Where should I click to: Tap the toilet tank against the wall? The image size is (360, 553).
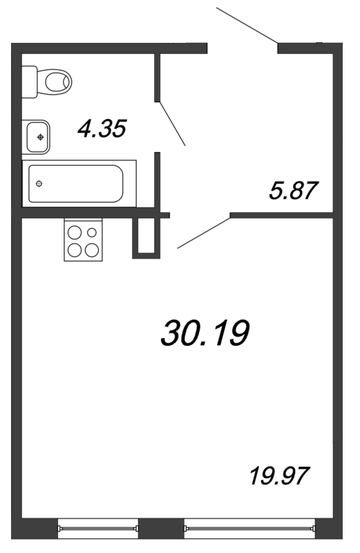[x=30, y=82]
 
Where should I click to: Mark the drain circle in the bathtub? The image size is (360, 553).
[x=39, y=183]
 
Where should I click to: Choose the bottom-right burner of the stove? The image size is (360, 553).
[x=91, y=250]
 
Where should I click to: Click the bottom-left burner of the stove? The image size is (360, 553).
[x=75, y=250]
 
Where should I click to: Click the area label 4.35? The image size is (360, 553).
[x=102, y=129]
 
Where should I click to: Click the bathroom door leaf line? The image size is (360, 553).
[x=172, y=124]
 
